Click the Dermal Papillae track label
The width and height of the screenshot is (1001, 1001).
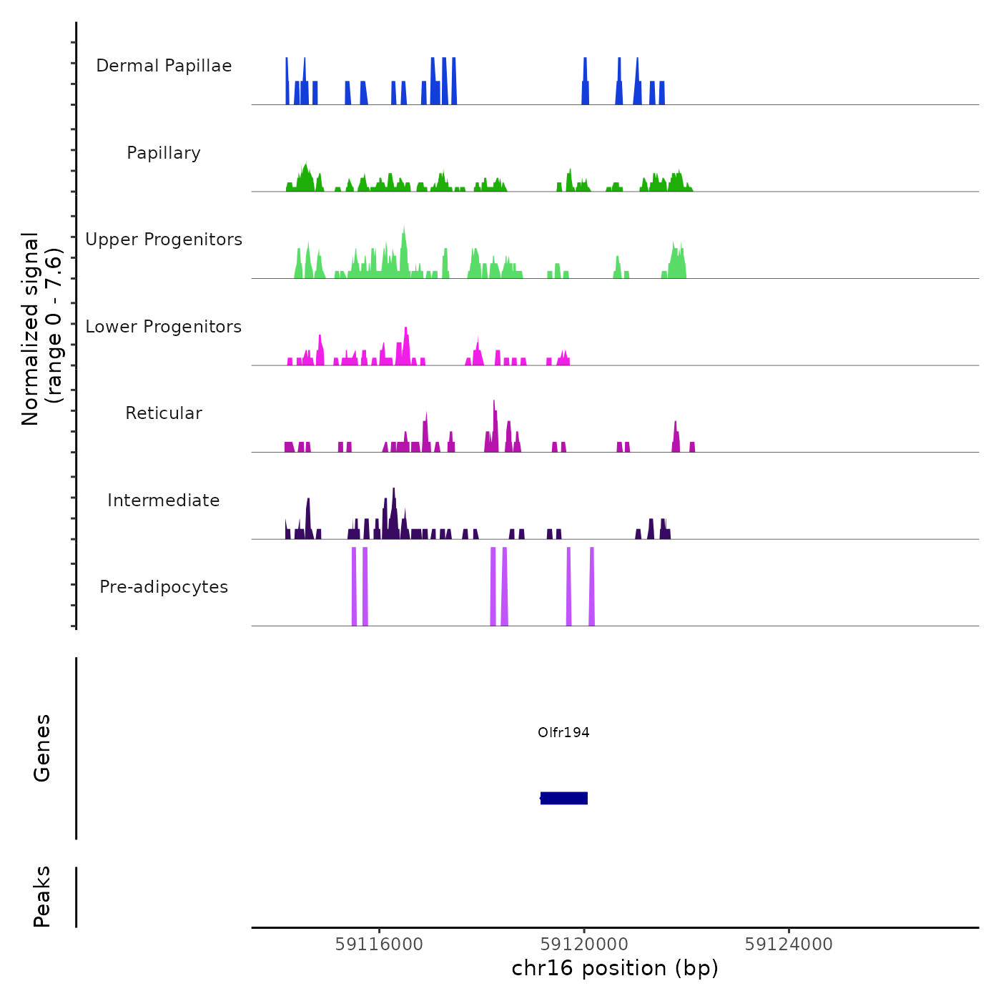tap(164, 66)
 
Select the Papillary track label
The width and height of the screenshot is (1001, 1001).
tap(164, 153)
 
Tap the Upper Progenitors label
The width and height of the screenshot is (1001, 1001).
tap(164, 240)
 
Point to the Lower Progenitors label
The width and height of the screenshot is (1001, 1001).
tap(164, 327)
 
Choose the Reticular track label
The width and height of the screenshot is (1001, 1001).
tap(164, 413)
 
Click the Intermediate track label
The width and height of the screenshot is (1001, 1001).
tap(164, 500)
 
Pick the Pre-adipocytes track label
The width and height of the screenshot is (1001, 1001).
tap(164, 587)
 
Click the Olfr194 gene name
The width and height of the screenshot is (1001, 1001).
tap(563, 732)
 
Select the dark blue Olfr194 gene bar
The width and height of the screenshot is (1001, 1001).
tap(564, 798)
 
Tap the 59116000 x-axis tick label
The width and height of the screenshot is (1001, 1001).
tap(379, 945)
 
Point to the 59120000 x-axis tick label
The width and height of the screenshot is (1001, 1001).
tap(584, 945)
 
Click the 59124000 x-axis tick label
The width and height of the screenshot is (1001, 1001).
tap(789, 945)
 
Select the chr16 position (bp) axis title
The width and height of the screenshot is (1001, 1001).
tap(615, 969)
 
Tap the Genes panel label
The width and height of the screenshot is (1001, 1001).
tap(42, 748)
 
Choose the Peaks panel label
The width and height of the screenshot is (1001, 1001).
tap(42, 897)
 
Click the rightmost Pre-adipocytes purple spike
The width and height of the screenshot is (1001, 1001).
tap(592, 586)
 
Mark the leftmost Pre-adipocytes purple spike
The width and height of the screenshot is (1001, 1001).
tap(354, 586)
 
